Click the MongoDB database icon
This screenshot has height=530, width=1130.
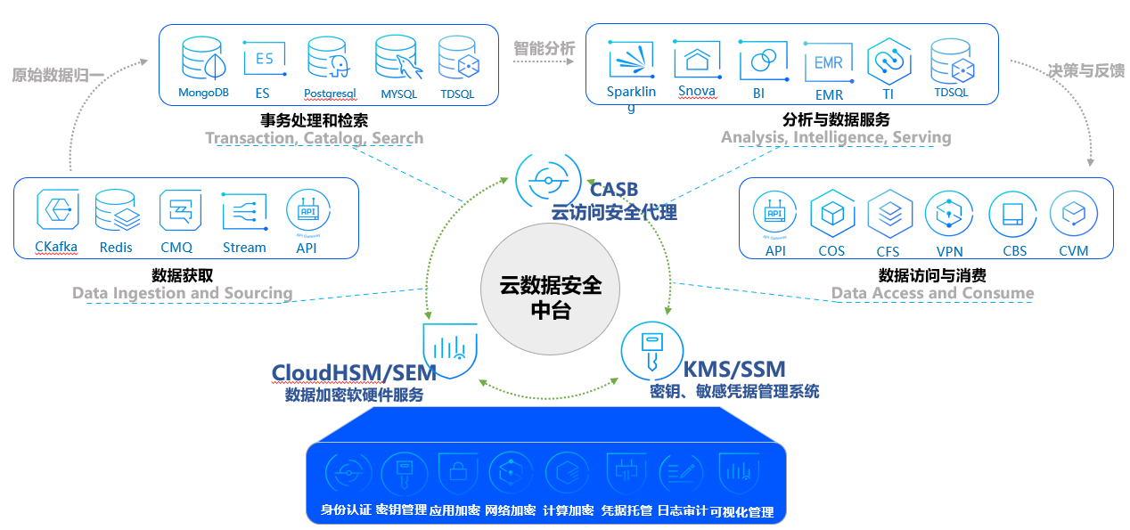[x=203, y=59]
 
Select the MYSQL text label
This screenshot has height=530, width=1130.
[x=398, y=93]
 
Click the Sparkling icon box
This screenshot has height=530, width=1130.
[x=632, y=61]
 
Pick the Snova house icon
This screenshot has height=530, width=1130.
[x=697, y=60]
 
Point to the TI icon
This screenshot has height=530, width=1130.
[x=888, y=61]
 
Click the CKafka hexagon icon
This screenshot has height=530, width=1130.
[x=57, y=211]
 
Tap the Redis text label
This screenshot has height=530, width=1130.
[x=116, y=248]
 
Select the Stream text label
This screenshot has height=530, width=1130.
[x=244, y=248]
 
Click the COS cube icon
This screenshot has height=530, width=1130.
[x=832, y=214]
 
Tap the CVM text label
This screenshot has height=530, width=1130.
[x=1073, y=251]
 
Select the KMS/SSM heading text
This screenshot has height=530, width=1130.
[x=733, y=369]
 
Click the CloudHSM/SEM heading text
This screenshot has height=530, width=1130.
[x=354, y=372]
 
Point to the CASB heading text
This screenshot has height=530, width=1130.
[x=614, y=189]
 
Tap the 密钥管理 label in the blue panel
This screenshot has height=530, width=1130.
[x=400, y=510]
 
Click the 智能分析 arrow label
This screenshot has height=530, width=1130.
[x=544, y=49]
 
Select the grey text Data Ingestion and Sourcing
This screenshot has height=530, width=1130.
[x=183, y=293]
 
